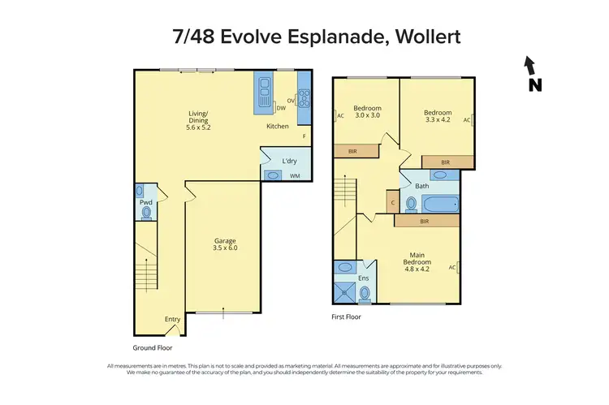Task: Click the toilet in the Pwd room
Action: click(x=146, y=213)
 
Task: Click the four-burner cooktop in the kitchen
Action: click(x=304, y=98)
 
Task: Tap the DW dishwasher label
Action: click(x=281, y=108)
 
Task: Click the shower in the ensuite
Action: click(x=345, y=291)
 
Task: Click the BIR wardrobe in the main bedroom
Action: click(x=425, y=220)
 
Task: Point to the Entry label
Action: click(x=172, y=319)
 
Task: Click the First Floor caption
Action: click(x=346, y=317)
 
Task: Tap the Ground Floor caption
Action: click(x=154, y=347)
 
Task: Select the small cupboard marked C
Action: click(x=392, y=203)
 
